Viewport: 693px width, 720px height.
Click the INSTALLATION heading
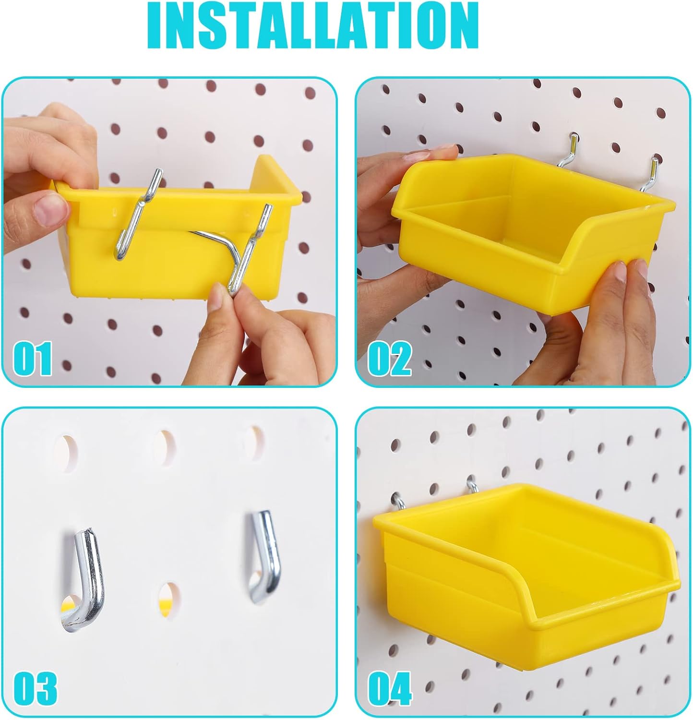coord(314,25)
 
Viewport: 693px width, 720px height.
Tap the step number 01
coord(33,359)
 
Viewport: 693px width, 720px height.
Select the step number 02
coord(390,359)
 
